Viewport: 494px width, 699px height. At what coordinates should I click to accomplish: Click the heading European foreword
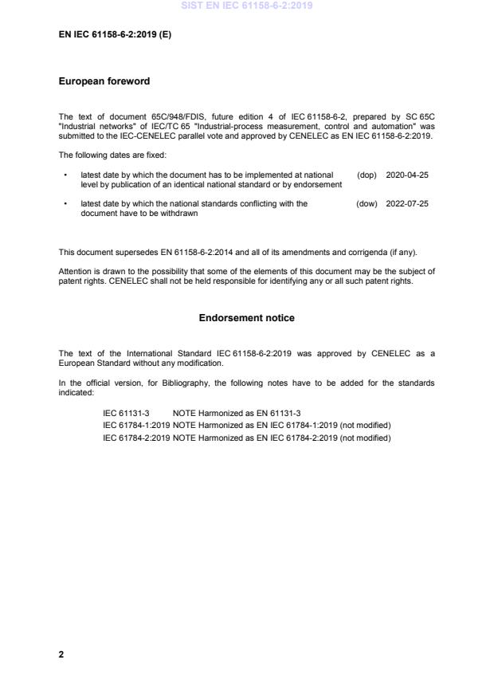(x=104, y=81)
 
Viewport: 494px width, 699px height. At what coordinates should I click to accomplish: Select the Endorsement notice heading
(x=246, y=318)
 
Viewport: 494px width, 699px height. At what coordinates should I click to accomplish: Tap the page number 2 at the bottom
(x=61, y=654)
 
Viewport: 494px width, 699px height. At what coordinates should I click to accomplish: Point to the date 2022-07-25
(x=407, y=204)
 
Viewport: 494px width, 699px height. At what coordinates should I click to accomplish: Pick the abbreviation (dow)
(x=367, y=204)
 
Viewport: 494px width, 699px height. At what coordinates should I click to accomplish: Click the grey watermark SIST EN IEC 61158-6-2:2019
(x=246, y=6)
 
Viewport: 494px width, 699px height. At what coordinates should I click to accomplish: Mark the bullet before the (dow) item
(x=65, y=204)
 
